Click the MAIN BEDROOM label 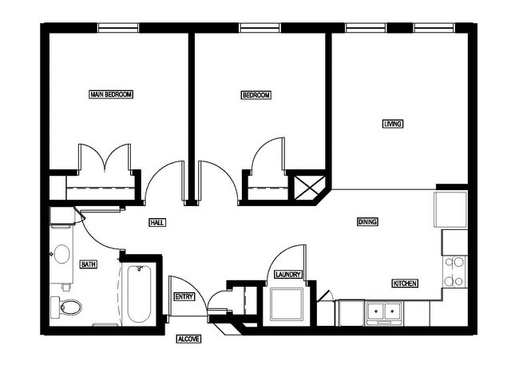pyautogui.click(x=111, y=94)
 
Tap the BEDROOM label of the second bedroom pyautogui.click(x=256, y=95)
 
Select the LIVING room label pyautogui.click(x=393, y=124)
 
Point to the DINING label pyautogui.click(x=367, y=222)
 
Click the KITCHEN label pyautogui.click(x=404, y=284)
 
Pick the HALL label pyautogui.click(x=157, y=223)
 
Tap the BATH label pyautogui.click(x=89, y=264)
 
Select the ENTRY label pyautogui.click(x=184, y=296)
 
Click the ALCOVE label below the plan pyautogui.click(x=188, y=339)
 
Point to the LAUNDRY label pyautogui.click(x=287, y=275)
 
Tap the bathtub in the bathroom pyautogui.click(x=139, y=294)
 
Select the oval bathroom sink pyautogui.click(x=61, y=256)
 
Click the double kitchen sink pyautogui.click(x=384, y=311)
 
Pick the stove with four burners pyautogui.click(x=454, y=272)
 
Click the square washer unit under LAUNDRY pyautogui.click(x=286, y=304)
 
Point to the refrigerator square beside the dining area pyautogui.click(x=450, y=209)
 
